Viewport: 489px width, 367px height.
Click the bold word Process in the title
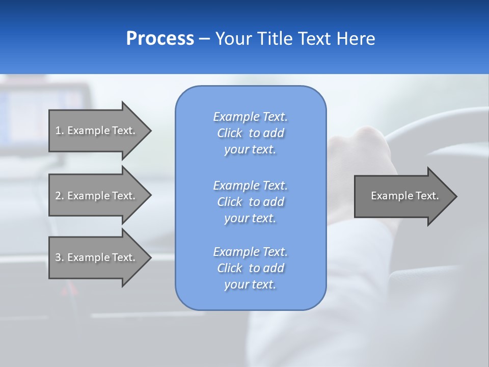point(160,39)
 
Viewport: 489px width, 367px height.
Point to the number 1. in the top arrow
point(60,130)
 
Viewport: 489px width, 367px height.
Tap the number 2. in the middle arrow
point(60,196)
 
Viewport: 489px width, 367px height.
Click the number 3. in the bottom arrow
point(60,257)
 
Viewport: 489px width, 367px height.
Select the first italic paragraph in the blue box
point(250,133)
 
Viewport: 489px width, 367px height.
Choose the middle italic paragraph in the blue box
point(250,202)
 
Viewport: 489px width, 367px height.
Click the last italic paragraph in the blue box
point(250,268)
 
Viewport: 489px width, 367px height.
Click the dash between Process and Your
point(204,39)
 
